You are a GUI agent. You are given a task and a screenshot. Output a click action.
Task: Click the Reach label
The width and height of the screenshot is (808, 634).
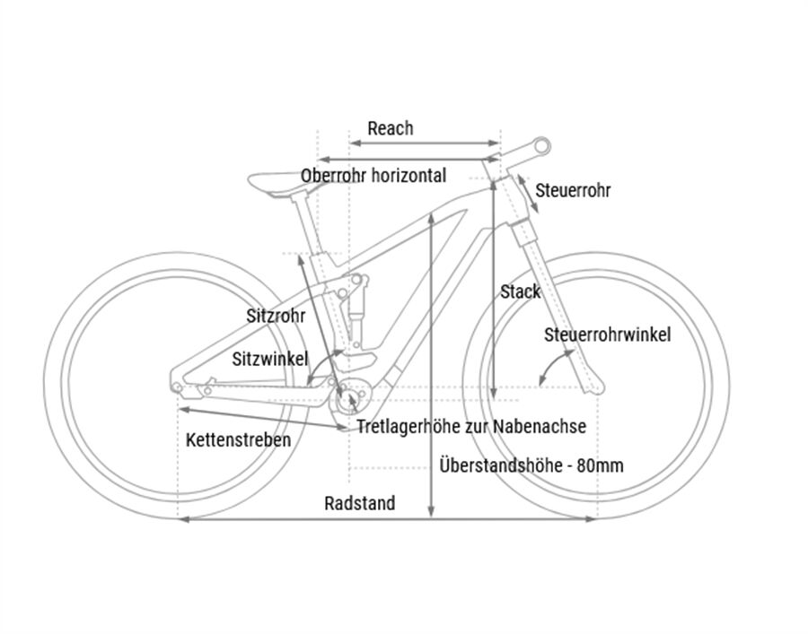point(391,128)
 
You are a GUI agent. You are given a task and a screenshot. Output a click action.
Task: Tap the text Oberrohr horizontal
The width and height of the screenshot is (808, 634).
point(373,176)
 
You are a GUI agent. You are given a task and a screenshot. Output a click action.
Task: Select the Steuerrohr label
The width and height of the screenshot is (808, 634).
point(573,191)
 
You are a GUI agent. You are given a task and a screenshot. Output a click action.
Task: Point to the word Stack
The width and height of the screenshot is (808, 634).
point(521,291)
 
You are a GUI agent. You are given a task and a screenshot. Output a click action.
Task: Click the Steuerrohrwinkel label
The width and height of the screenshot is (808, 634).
point(608,335)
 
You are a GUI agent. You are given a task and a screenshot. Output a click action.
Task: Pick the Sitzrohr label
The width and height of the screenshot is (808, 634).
point(276,316)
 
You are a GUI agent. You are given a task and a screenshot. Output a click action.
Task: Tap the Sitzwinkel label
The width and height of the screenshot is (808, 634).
point(269,359)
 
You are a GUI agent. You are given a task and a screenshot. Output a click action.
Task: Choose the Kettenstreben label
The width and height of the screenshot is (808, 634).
point(239,440)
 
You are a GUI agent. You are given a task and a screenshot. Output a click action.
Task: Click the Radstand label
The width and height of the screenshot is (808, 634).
point(359,503)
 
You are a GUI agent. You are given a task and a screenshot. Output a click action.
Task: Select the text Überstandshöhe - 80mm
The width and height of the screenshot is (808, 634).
point(532,465)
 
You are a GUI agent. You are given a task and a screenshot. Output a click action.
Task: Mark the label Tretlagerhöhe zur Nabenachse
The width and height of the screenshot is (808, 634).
point(471,427)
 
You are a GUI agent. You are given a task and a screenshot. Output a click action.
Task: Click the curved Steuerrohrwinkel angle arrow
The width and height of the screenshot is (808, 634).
point(552,363)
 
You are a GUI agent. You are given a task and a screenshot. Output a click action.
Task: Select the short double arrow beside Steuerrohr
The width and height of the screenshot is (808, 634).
point(526,194)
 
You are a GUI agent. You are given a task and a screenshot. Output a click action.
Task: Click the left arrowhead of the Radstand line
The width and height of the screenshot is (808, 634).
point(183,519)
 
